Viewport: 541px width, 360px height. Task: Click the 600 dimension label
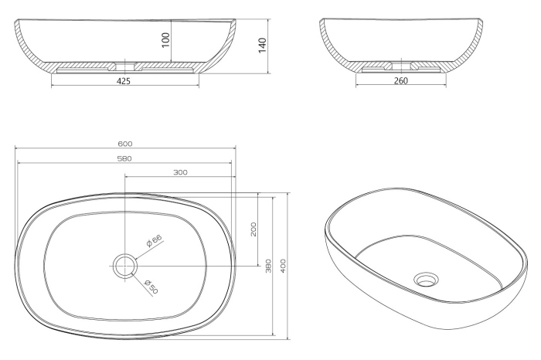coord(125,144)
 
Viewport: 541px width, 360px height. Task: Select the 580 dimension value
coord(124,158)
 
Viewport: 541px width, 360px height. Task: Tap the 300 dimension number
coord(180,172)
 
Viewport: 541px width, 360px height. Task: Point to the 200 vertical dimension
coord(253,229)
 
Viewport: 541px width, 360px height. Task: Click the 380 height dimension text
coord(269,266)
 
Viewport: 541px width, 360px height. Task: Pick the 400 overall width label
coord(284,266)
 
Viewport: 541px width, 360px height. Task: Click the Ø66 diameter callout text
coord(154,241)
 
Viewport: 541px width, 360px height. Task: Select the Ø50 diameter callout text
coord(151,287)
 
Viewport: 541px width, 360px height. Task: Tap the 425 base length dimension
coord(124,81)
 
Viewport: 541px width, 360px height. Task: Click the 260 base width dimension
coord(400,80)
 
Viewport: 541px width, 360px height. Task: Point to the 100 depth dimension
coord(166,40)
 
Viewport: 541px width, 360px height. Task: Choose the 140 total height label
coord(263,46)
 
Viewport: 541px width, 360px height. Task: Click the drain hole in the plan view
coord(125,267)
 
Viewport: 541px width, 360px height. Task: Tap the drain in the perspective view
coord(427,280)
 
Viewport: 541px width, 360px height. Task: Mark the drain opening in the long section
coord(124,66)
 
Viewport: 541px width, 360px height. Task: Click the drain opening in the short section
coord(401,66)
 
